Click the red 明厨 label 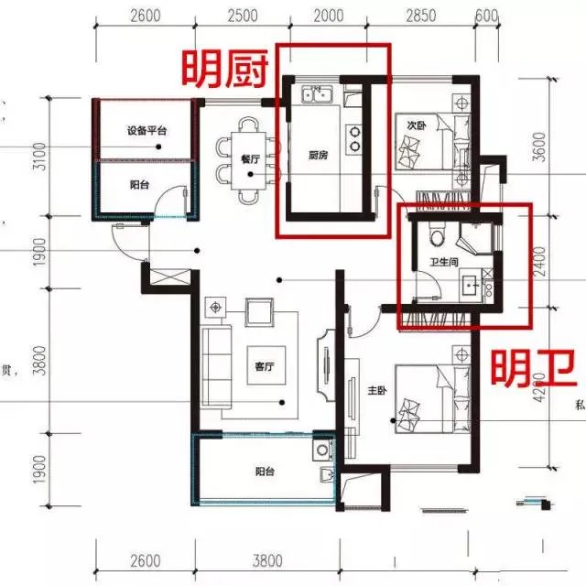point(225,68)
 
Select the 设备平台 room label point(146,131)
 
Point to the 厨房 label point(318,155)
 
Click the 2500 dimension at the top point(240,16)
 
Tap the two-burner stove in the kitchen point(353,137)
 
